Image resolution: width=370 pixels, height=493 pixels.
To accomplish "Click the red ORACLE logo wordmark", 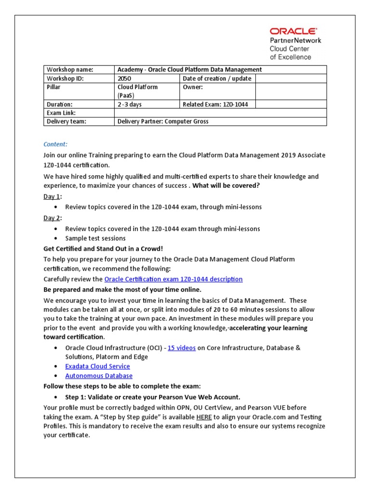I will pos(293,31).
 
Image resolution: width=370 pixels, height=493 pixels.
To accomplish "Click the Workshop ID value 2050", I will pos(124,78).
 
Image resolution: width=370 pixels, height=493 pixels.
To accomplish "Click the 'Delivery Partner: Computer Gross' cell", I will pos(163,121).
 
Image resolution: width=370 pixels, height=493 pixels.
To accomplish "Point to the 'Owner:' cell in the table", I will pos(193,87).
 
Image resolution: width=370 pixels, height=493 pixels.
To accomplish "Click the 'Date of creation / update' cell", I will pos(217,78).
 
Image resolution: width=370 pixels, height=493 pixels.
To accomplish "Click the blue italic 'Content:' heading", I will pos(55,144).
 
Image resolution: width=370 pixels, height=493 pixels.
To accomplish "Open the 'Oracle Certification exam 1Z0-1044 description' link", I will pos(173,279).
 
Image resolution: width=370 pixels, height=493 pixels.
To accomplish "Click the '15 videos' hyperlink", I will pos(182,348).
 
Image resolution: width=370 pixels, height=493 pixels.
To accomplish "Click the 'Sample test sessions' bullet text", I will pos(95,238).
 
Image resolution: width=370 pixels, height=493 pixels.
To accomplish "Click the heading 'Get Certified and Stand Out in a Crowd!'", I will pos(103,248).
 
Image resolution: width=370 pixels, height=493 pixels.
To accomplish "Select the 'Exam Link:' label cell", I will pos(61,113).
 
